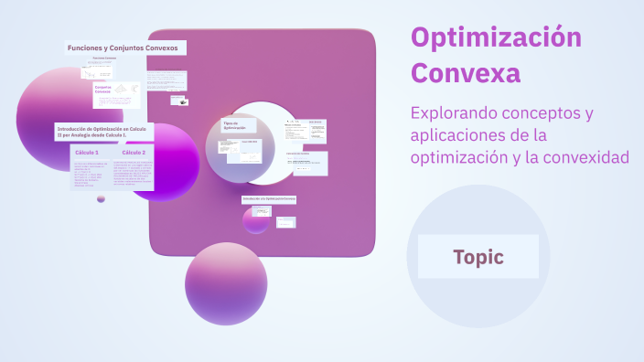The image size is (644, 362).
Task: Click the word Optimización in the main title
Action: click(x=496, y=37)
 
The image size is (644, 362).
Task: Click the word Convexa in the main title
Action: click(x=466, y=73)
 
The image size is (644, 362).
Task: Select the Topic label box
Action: click(x=478, y=257)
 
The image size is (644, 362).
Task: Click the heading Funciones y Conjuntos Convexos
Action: click(x=123, y=47)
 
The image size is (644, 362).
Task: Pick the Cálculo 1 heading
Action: click(x=87, y=152)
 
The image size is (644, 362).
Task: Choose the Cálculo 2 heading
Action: click(x=134, y=152)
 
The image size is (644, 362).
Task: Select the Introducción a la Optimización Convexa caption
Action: click(x=269, y=198)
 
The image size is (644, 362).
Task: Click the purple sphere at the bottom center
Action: click(x=226, y=283)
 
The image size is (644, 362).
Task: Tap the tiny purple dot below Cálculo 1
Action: click(x=101, y=198)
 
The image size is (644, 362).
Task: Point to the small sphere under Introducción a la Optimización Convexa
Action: click(x=256, y=219)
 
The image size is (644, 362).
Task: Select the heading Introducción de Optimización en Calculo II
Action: click(x=102, y=132)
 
